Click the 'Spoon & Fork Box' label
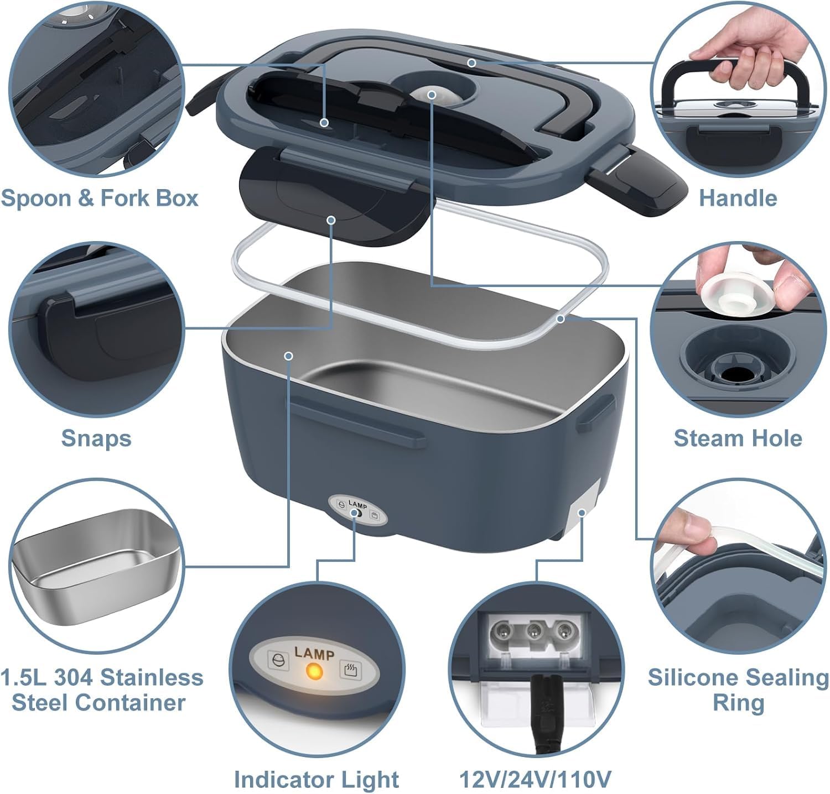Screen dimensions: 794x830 [x=100, y=197]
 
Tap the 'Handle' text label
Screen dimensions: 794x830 [x=738, y=197]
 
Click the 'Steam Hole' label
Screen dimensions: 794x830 [x=738, y=438]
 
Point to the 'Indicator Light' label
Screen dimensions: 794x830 [x=317, y=779]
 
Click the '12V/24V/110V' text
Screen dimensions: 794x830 [x=535, y=779]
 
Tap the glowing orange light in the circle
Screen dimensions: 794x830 [x=314, y=672]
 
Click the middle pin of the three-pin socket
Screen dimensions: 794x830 [x=534, y=630]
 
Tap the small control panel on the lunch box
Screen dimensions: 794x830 [x=355, y=509]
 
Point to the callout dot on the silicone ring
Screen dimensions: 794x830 [x=561, y=319]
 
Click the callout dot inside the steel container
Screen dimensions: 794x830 [x=288, y=356]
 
